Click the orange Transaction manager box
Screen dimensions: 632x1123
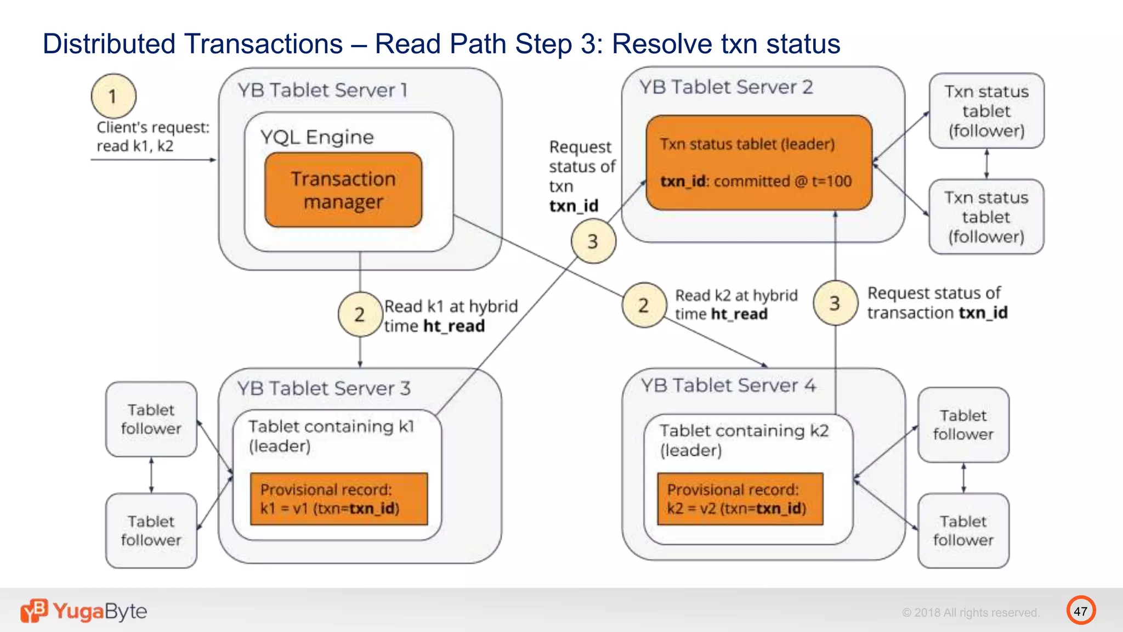[x=343, y=190]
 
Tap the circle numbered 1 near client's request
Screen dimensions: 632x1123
[x=114, y=96]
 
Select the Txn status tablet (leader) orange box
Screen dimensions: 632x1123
[x=759, y=162]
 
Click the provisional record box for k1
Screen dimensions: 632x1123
[x=338, y=499]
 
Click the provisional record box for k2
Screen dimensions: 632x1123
[x=740, y=499]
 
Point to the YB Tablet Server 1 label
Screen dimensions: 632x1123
[x=323, y=90]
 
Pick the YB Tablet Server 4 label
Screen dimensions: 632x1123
[x=728, y=386]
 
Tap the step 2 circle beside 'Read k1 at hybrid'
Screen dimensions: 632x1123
[x=360, y=314]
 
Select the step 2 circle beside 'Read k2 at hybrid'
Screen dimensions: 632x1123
[x=644, y=305]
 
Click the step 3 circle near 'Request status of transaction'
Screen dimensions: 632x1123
[x=835, y=303]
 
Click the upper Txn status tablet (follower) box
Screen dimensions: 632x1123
[x=986, y=111]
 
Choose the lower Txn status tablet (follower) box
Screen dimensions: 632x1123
[x=986, y=217]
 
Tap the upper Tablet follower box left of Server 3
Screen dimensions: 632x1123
[x=151, y=419]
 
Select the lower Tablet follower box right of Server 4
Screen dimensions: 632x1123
[x=963, y=531]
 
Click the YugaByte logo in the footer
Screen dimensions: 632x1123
[x=84, y=611]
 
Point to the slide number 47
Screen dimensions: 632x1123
[x=1080, y=611]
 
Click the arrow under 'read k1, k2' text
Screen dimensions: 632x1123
[x=153, y=160]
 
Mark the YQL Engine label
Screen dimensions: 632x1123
[x=317, y=137]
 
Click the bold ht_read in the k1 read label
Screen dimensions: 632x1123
[x=454, y=326]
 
